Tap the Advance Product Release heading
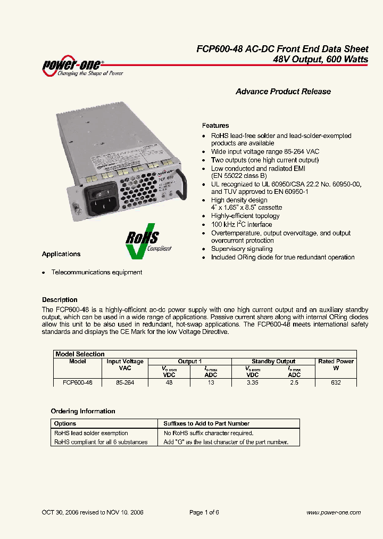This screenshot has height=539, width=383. pos(283,92)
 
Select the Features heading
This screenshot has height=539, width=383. pos(215,126)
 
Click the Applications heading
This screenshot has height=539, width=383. pos(61,254)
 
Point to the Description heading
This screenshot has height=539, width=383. pos(60,300)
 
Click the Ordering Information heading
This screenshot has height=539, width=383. pos(83,411)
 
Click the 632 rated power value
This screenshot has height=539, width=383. pos(336,382)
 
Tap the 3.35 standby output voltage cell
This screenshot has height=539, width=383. pos(252,382)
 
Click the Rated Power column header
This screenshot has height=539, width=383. pos(336,362)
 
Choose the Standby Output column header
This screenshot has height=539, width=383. pos(273,361)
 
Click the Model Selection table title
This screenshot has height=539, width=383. pos(80,354)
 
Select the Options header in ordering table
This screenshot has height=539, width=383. pos(65,423)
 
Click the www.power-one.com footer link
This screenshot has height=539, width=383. pos(334,512)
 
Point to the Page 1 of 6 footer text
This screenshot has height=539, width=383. pos(204,512)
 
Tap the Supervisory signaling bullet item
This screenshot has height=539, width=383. pos(242,249)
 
